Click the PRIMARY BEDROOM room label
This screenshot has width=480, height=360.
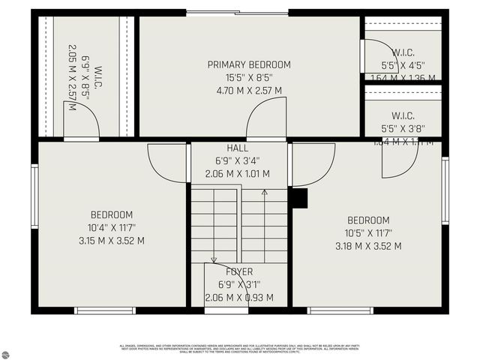point(249,64)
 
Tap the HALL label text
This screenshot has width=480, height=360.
point(237,148)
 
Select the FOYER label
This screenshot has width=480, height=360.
point(239,271)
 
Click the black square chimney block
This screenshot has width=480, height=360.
point(298,198)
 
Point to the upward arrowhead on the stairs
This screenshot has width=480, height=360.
point(264,193)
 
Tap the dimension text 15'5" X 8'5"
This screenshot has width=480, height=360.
point(249,77)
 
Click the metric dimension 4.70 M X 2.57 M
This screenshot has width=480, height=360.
point(249,91)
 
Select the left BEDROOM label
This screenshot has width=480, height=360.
point(112,214)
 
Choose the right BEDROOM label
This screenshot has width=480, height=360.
point(367,220)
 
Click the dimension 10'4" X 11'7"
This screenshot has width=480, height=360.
point(112,227)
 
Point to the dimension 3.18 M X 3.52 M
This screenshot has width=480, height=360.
point(367,246)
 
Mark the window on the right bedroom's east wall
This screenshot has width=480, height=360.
point(445,190)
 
